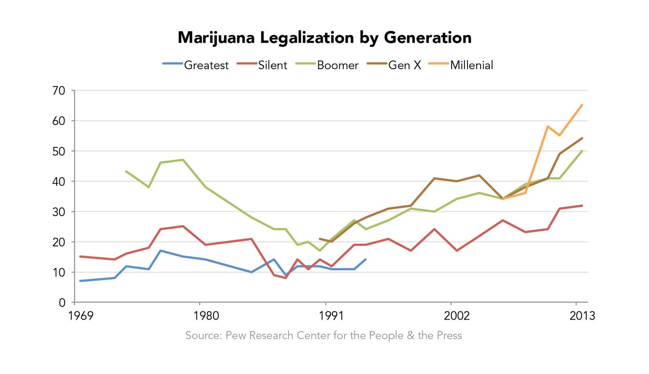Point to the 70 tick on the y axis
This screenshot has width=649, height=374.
59,91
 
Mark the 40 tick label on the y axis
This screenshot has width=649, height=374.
59,182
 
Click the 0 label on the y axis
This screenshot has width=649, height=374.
62,303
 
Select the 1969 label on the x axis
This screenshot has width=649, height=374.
81,316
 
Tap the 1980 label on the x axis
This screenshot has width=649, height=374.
206,316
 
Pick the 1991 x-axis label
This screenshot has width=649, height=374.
332,316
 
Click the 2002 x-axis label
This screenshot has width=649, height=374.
456,316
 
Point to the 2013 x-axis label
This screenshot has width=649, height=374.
582,316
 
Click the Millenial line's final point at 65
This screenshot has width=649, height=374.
582,105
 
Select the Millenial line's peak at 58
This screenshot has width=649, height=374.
548,126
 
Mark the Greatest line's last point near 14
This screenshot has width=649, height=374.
365,260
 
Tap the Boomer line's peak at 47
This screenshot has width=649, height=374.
183,160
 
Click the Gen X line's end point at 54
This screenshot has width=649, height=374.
582,138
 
